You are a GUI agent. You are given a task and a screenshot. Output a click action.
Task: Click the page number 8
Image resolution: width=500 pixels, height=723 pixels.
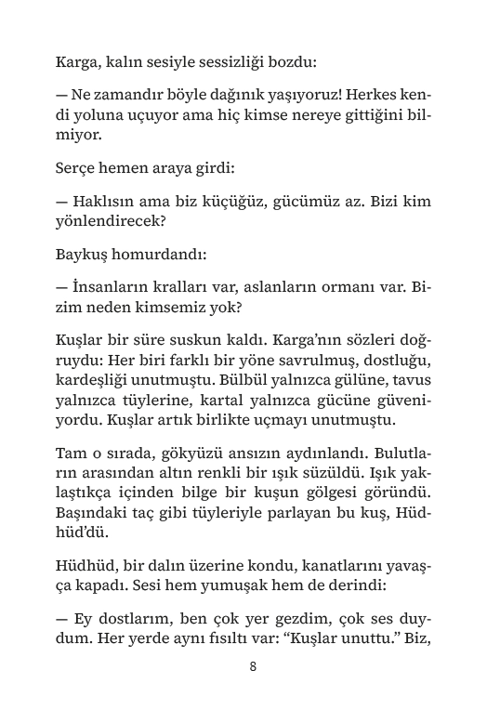click(x=253, y=666)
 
